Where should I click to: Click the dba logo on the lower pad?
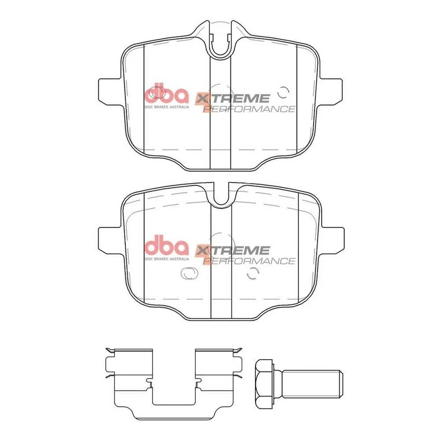pos(166,246)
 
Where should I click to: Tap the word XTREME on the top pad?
pos(232,98)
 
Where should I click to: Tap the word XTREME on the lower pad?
pos(232,250)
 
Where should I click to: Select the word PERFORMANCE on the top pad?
pos(249,109)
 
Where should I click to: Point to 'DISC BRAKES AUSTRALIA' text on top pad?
pos(167,106)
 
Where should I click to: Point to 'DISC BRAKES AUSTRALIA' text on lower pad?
pos(167,259)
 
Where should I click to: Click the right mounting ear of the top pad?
pos(330,92)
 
